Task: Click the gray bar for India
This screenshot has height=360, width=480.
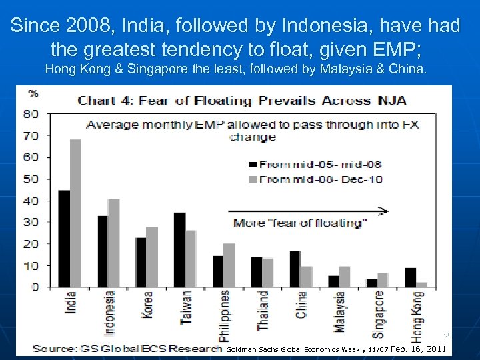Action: point(75,213)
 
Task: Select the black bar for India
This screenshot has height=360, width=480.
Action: point(64,238)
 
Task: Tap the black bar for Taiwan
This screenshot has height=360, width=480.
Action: point(179,249)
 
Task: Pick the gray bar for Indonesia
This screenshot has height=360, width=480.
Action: point(114,243)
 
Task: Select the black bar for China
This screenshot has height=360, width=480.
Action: point(295,269)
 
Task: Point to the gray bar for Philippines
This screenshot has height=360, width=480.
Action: point(229,265)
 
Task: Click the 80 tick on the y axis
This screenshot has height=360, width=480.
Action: point(31,113)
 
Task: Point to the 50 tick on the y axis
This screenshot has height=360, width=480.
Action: point(31,179)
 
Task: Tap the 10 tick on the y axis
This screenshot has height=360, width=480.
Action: point(31,265)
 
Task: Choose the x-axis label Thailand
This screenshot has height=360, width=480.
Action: point(263,310)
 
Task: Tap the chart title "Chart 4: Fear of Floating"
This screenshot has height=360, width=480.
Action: point(240,100)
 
